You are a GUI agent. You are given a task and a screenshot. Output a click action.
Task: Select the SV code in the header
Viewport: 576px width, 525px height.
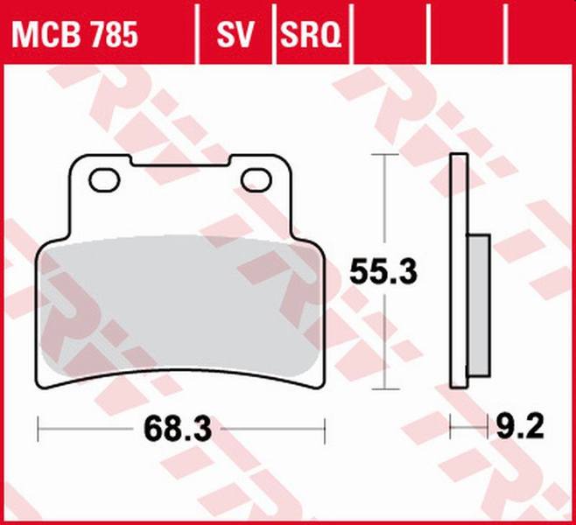(x=234, y=35)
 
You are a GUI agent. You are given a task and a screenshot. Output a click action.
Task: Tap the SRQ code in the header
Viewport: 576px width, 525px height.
(x=311, y=35)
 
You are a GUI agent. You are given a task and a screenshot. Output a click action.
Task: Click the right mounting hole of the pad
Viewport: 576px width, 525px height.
(x=256, y=179)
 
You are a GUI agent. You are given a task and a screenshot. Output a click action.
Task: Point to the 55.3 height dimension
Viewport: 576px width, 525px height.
(x=383, y=272)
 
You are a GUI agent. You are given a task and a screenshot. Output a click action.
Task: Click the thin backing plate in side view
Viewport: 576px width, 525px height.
(x=457, y=271)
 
